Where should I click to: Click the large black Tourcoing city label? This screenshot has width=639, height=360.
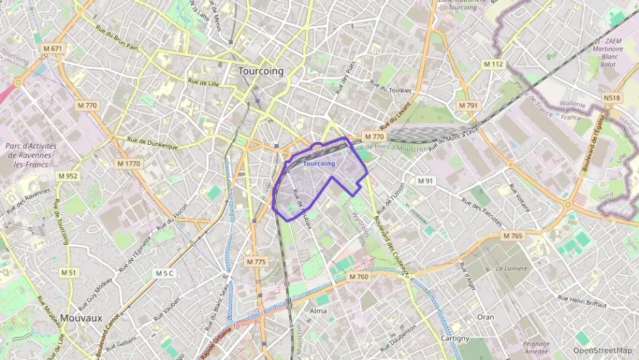[x=261, y=70]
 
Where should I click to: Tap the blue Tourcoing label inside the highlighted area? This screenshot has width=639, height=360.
[x=319, y=164]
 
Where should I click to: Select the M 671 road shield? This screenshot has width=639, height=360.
[x=53, y=49]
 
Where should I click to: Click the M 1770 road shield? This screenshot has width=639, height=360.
[x=128, y=164]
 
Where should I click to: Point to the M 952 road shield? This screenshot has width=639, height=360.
[x=68, y=176]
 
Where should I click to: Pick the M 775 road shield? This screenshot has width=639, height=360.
[x=257, y=262]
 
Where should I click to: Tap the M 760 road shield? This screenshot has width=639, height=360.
[x=358, y=277]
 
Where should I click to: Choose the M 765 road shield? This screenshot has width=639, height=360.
[x=512, y=236]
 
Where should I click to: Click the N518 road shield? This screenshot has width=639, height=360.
[x=612, y=98]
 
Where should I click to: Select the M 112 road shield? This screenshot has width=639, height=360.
[x=493, y=64]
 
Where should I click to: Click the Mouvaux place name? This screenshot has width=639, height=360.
[x=81, y=318]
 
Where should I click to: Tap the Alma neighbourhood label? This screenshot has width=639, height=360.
[x=318, y=311]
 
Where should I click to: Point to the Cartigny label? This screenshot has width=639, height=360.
[x=455, y=338]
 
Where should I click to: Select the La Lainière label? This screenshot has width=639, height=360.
[x=512, y=268]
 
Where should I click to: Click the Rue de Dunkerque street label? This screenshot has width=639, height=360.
[x=152, y=142]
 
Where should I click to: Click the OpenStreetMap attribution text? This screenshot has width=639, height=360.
[x=602, y=350]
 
